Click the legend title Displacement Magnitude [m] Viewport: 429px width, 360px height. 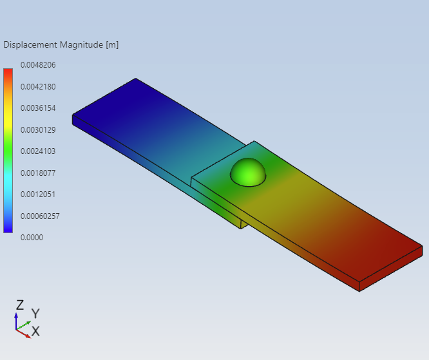tap(61, 44)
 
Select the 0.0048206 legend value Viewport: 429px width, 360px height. tap(38, 65)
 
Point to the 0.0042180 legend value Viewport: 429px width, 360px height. tap(38, 87)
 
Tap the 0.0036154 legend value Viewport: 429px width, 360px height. tap(38, 108)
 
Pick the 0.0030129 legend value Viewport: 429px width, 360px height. tap(38, 129)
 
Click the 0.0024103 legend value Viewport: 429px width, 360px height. tap(38, 151)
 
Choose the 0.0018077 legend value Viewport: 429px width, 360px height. tap(38, 173)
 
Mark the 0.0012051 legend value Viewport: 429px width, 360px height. tap(38, 194)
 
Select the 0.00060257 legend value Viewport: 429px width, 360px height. tap(40, 216)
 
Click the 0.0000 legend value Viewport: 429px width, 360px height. tap(32, 238)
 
